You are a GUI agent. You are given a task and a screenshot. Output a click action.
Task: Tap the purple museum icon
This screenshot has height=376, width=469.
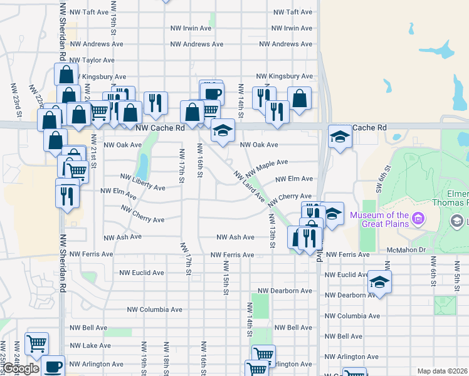(x=418, y=220)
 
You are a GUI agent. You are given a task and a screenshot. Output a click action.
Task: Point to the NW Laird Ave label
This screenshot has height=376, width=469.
(x=250, y=186)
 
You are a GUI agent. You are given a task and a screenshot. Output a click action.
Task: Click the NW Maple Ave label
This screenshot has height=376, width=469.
(x=266, y=167)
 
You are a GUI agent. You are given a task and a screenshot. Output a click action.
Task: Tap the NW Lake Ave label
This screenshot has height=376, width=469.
(x=90, y=345)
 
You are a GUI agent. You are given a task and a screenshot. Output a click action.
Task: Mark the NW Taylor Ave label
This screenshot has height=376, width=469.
(x=92, y=60)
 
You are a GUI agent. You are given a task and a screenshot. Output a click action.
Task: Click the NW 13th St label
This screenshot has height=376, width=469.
(x=272, y=230)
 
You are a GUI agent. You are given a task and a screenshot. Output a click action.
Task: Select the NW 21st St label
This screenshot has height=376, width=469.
(x=93, y=152)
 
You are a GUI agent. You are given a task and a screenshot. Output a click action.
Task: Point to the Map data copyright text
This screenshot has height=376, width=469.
(x=442, y=371)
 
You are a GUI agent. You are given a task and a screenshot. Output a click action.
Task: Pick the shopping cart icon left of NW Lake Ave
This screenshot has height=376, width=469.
(x=36, y=343)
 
